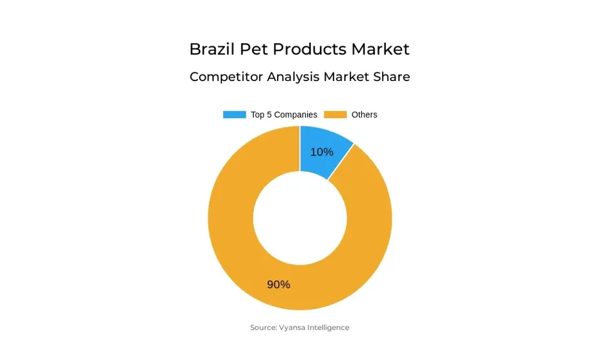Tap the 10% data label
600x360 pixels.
(x=322, y=152)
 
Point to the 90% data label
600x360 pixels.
(x=278, y=285)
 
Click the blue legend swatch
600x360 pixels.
(x=234, y=115)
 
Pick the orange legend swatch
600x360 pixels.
(x=335, y=115)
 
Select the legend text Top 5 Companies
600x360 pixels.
(x=283, y=115)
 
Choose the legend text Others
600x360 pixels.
(x=364, y=115)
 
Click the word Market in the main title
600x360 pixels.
(x=380, y=49)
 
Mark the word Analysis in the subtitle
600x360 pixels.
(x=293, y=77)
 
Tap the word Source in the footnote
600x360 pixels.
(x=263, y=327)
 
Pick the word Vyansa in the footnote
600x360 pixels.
(x=292, y=327)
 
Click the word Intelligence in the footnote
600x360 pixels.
(x=329, y=327)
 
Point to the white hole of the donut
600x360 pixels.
(x=300, y=217)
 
